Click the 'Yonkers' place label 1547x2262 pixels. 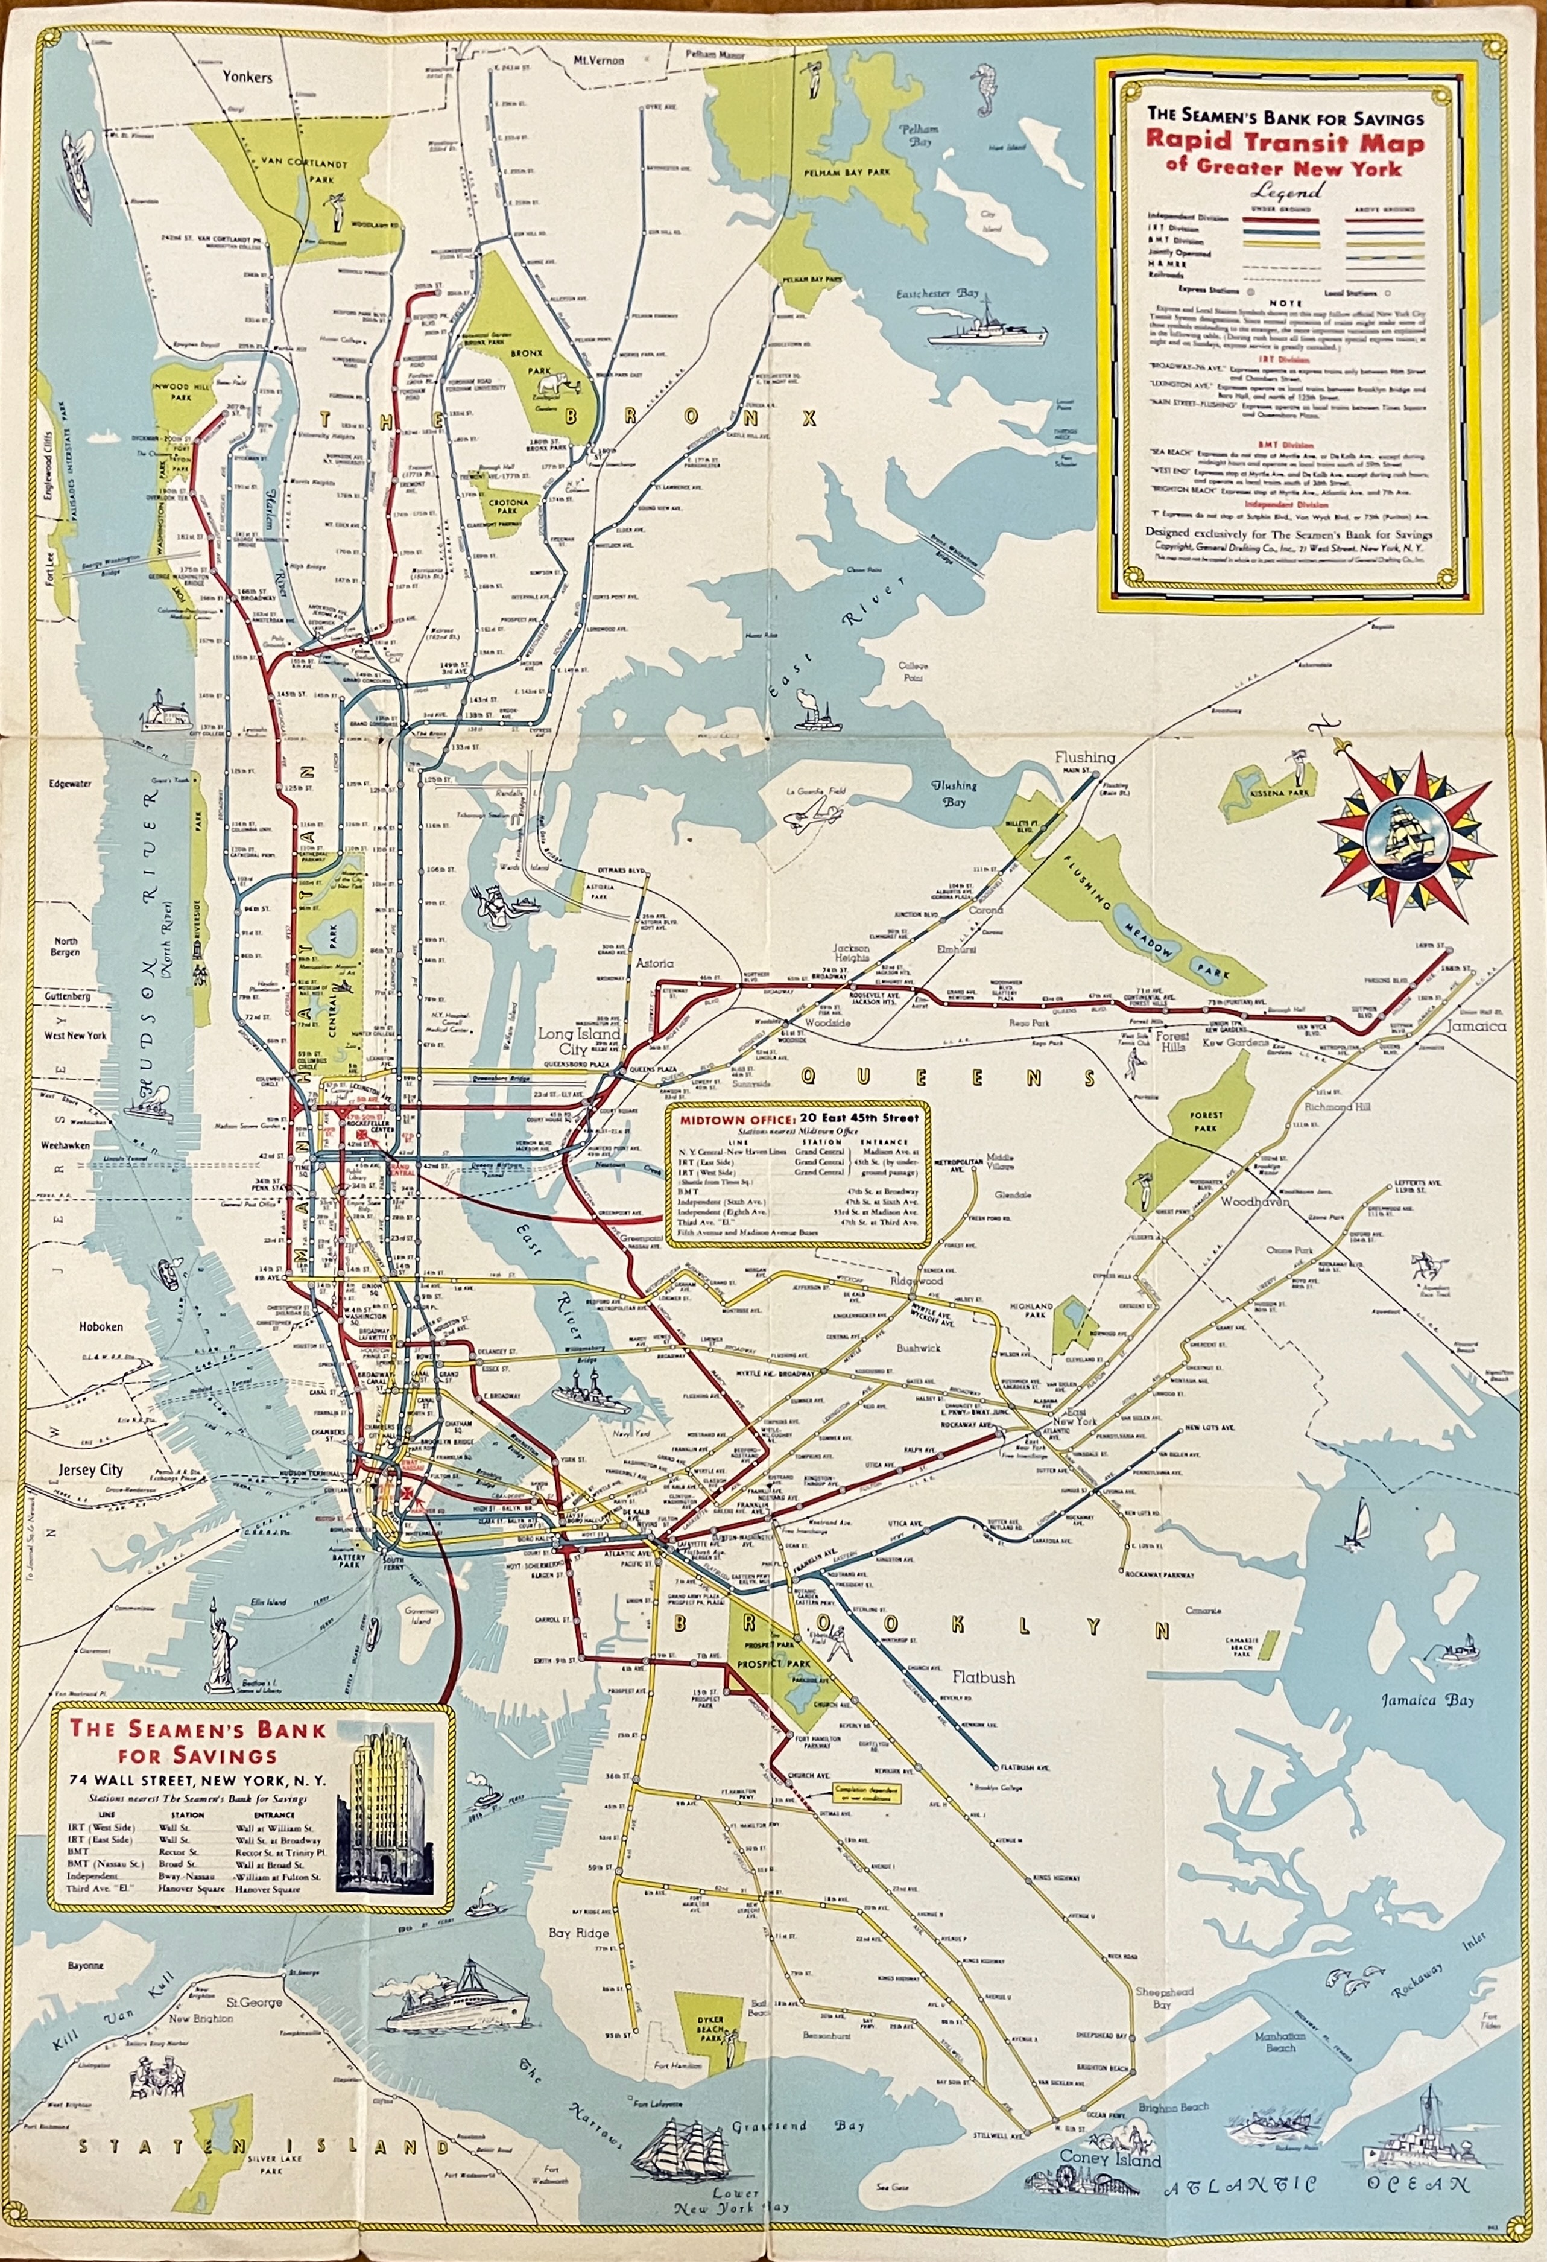tap(247, 77)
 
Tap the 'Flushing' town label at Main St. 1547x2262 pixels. tap(1086, 756)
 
